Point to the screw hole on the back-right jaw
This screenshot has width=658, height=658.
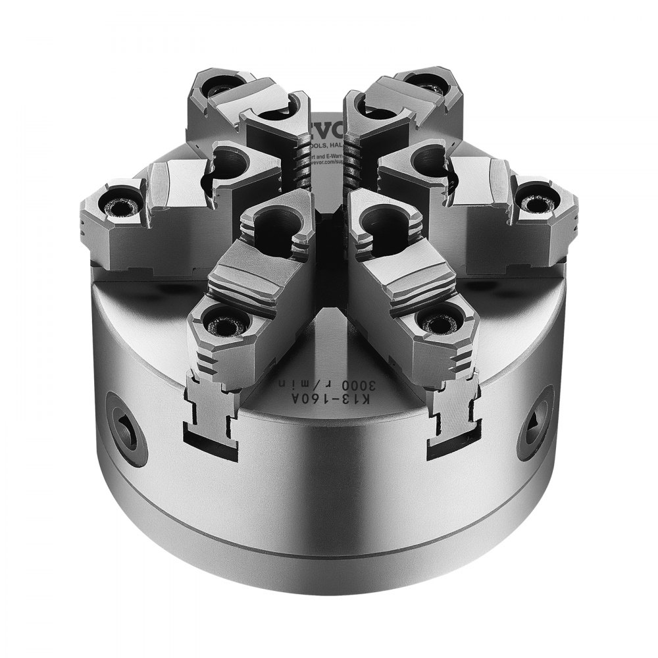point(430,83)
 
